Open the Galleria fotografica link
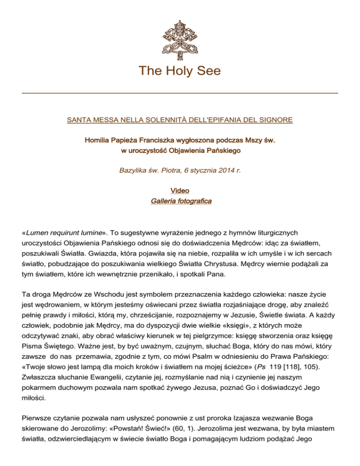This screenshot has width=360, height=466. (x=180, y=202)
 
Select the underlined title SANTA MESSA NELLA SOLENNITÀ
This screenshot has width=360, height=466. (x=180, y=120)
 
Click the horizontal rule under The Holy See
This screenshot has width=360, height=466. (x=180, y=93)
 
